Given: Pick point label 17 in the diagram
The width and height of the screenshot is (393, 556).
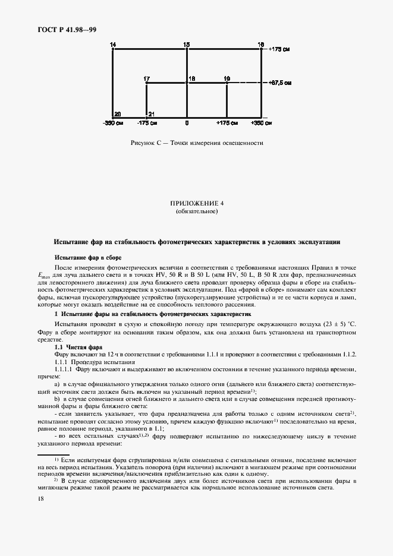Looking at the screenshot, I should (147, 78).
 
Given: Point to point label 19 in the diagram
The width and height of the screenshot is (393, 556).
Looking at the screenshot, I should (227, 78).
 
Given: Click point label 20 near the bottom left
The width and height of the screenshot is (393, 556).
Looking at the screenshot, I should (118, 113).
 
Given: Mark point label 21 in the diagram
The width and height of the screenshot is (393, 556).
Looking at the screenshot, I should (152, 113).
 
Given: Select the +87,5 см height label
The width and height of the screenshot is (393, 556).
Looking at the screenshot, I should (280, 83).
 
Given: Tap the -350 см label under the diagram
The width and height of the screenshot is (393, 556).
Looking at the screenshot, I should (113, 124).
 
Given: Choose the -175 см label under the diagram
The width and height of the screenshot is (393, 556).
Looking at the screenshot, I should (147, 124).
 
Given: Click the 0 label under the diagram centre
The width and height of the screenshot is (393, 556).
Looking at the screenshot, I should (187, 124).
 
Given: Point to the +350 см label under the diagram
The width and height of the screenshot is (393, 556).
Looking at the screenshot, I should (260, 124).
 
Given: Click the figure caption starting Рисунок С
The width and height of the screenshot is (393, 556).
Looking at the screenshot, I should (196, 143).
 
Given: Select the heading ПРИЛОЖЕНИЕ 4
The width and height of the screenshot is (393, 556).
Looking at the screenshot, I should (196, 204).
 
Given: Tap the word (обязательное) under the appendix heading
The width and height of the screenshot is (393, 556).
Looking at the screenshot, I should (196, 212).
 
